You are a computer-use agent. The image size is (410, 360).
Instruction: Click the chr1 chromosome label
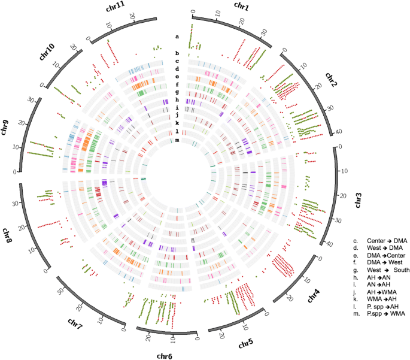point(224,7)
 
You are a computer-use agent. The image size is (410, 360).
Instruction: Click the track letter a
point(177,37)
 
